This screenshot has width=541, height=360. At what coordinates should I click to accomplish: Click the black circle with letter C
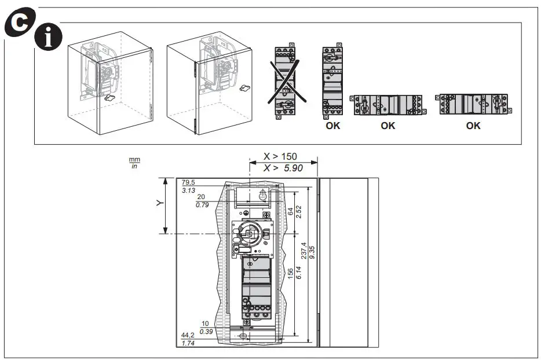[x=19, y=21]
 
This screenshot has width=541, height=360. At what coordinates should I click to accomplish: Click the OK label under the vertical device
[x=332, y=126]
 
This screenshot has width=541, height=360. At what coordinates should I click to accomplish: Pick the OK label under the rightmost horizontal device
[x=473, y=126]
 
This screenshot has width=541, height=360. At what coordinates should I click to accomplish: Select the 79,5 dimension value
[x=188, y=182]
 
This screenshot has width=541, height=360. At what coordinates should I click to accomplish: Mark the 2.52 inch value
[x=299, y=212]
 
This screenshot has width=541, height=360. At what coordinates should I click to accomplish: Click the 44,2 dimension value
[x=188, y=336]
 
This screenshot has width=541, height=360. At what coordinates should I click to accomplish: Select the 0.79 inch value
[x=203, y=204]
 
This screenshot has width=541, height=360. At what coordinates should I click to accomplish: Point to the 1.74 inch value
[x=188, y=344]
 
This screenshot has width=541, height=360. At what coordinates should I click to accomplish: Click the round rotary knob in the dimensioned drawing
[x=253, y=232]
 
